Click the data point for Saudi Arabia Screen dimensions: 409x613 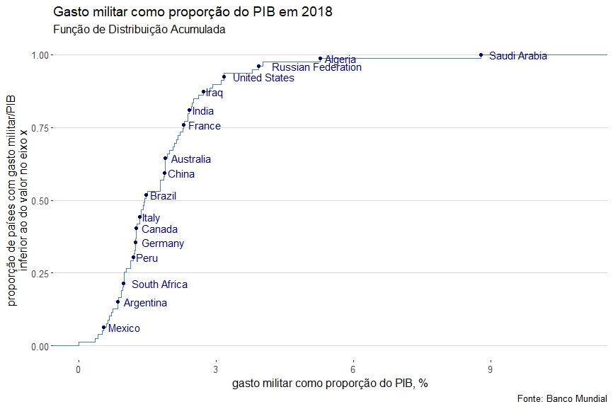pyautogui.click(x=481, y=54)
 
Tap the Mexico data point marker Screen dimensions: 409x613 pyautogui.click(x=103, y=327)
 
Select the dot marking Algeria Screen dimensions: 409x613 pyautogui.click(x=320, y=59)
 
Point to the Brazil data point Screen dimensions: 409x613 pyautogui.click(x=146, y=195)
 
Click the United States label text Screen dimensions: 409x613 pyautogui.click(x=263, y=78)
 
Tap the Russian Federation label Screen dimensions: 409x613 pyautogui.click(x=316, y=68)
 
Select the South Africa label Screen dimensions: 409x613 pyautogui.click(x=159, y=284)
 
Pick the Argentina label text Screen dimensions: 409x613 pyautogui.click(x=145, y=303)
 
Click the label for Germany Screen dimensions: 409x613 pyautogui.click(x=163, y=243)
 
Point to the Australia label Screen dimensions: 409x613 pyautogui.click(x=190, y=159)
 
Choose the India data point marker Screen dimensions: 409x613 pyautogui.click(x=189, y=110)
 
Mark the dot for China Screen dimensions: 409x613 pyautogui.click(x=164, y=173)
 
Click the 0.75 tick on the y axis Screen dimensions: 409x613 pyautogui.click(x=40, y=127)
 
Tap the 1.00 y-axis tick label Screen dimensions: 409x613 pyautogui.click(x=40, y=55)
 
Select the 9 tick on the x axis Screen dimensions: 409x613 pyautogui.click(x=490, y=369)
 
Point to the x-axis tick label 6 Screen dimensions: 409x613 pyautogui.click(x=353, y=369)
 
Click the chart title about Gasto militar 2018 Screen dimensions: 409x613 pyautogui.click(x=193, y=13)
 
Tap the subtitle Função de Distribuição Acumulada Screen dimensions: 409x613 pyautogui.click(x=139, y=30)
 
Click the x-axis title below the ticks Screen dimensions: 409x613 pyautogui.click(x=330, y=384)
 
